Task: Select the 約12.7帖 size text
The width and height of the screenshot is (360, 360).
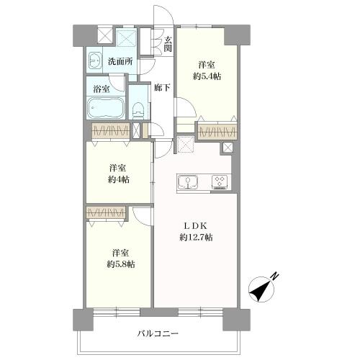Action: (x=196, y=238)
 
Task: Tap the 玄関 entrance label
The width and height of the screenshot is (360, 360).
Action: (x=167, y=44)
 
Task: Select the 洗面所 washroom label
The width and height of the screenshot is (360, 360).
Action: (x=120, y=62)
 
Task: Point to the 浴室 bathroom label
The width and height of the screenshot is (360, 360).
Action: (x=102, y=89)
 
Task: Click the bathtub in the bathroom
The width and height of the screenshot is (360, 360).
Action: (x=106, y=109)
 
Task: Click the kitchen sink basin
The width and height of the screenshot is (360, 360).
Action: (x=186, y=183)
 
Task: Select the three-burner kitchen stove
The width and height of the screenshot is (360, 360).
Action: (x=219, y=183)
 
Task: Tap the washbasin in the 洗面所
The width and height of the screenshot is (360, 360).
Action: (x=94, y=62)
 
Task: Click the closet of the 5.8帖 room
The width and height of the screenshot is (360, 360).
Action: (x=105, y=213)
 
